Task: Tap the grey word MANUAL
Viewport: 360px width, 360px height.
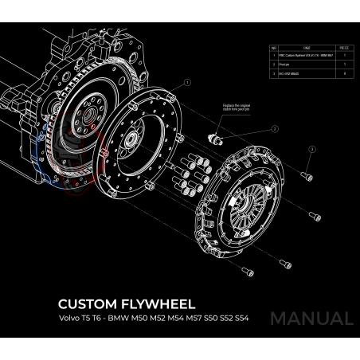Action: click(311, 318)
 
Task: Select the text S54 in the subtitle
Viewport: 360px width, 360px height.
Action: click(241, 318)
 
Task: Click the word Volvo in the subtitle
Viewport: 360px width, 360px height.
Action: click(70, 318)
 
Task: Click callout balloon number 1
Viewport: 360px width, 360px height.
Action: click(187, 82)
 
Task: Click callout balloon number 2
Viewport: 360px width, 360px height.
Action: click(274, 128)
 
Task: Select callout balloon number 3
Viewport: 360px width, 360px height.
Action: click(312, 149)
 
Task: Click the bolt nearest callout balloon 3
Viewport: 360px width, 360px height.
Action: click(307, 174)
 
